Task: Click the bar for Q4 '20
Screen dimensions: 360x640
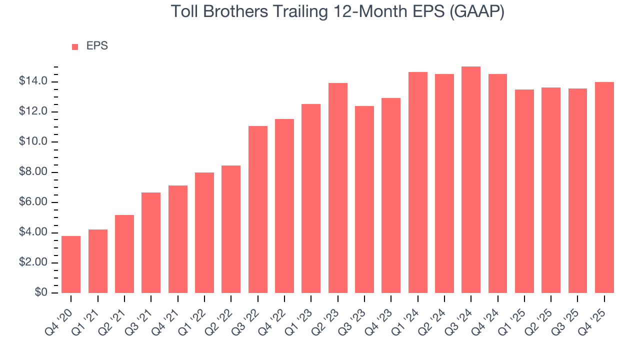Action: [71, 264]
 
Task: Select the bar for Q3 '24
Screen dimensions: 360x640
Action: [471, 180]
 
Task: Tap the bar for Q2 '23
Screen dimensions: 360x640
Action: [337, 188]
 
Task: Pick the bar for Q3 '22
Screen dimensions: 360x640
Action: [257, 209]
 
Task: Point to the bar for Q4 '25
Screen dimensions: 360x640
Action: [604, 187]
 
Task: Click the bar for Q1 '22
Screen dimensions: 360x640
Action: [204, 232]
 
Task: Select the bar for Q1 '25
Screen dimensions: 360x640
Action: [524, 191]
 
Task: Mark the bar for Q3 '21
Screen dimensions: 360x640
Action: [151, 242]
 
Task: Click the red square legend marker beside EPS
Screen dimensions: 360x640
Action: [75, 46]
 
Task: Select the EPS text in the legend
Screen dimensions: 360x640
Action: [97, 46]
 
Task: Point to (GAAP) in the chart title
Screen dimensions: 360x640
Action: [478, 11]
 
